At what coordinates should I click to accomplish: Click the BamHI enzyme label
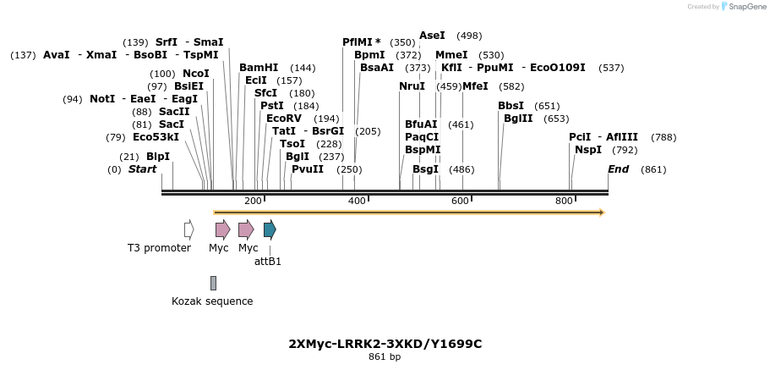coord(258,68)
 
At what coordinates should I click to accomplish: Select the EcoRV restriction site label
coord(283,119)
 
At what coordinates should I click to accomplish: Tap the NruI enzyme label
coord(412,86)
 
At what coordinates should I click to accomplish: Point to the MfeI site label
coord(475,86)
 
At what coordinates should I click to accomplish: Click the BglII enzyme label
coord(518,119)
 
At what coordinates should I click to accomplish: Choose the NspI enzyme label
coord(588,150)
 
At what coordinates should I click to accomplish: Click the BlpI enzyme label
coord(158,157)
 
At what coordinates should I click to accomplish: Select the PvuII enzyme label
coord(308,169)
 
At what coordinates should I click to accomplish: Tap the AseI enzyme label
coord(432,36)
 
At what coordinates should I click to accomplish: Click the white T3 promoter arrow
coord(188,229)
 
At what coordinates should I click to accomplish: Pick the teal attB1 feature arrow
coord(270,229)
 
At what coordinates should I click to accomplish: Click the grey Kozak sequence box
coord(213,283)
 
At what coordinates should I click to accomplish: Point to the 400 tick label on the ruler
coord(357,201)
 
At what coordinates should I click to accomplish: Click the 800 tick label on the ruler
coord(564,201)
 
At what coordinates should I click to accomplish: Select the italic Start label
coord(142,169)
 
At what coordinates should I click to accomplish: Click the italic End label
coord(618,169)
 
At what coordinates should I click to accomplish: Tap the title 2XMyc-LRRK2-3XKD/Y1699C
coord(385,344)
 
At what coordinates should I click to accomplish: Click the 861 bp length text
coord(385,357)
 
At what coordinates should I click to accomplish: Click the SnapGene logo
coord(745,6)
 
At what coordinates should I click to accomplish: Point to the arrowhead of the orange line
coord(602,213)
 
